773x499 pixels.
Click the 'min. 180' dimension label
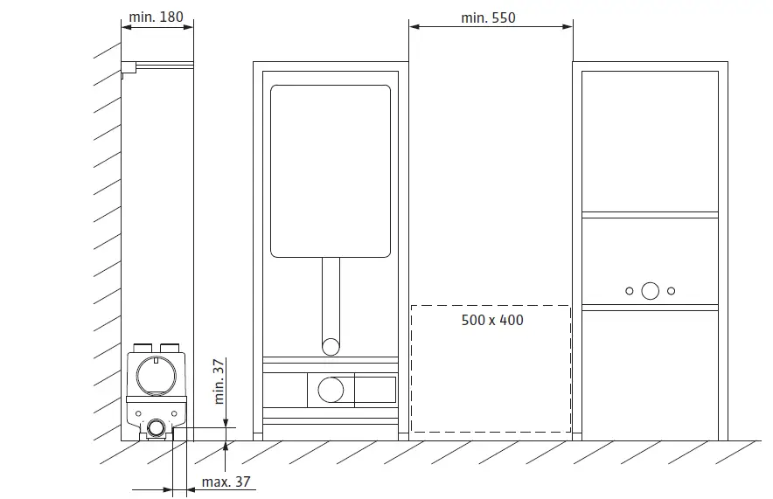pyautogui.click(x=156, y=17)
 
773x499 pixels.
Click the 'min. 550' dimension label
pyautogui.click(x=488, y=17)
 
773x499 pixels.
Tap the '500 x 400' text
pyautogui.click(x=492, y=320)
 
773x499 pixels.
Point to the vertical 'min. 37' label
pyautogui.click(x=219, y=381)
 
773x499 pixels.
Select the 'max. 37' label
pyautogui.click(x=226, y=482)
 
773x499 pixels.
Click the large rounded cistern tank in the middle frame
pyautogui.click(x=331, y=171)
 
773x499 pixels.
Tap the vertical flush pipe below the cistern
pyautogui.click(x=331, y=299)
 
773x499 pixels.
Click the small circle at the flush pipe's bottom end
pyautogui.click(x=331, y=347)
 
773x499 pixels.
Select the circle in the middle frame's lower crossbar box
pyautogui.click(x=331, y=390)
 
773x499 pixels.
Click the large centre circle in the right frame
pyautogui.click(x=650, y=291)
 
